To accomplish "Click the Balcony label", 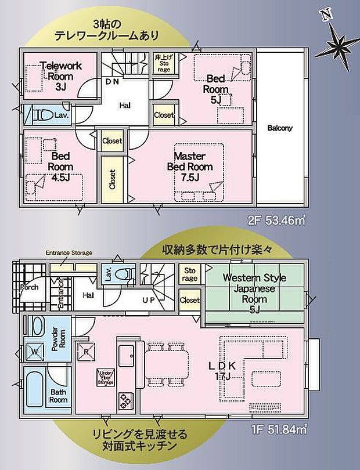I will [x=280, y=128].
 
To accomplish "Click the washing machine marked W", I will [x=34, y=351].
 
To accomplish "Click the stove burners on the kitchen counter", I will [x=125, y=400].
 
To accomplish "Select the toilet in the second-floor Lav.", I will [x=44, y=115].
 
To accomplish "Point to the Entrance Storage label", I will [x=69, y=253].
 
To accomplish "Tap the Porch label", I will [x=29, y=287].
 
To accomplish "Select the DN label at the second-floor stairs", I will [x=112, y=82].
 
